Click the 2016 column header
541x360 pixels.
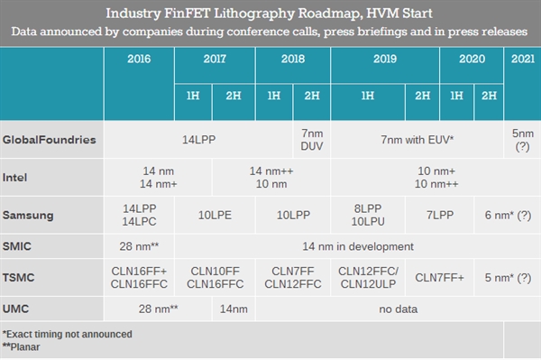tap(139, 60)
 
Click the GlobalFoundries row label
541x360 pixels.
tap(50, 141)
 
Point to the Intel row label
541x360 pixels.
tap(18, 177)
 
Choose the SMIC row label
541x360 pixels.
tap(20, 245)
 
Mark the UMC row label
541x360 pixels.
tap(18, 309)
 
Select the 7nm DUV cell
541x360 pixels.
tap(311, 141)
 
